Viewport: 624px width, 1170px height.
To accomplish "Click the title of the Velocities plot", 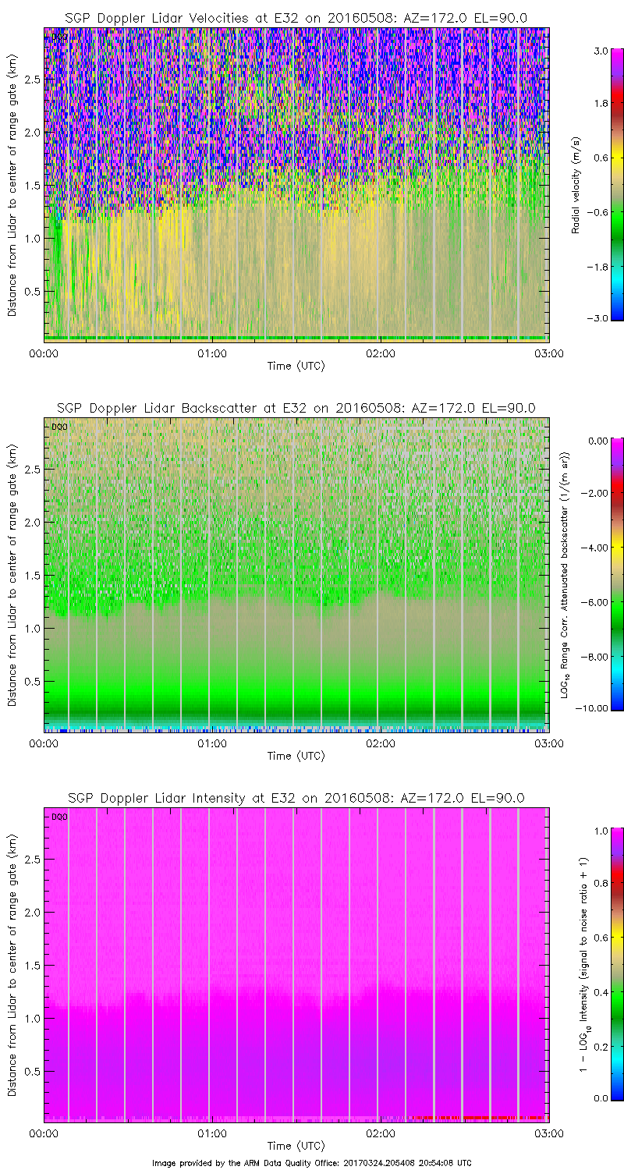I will pyautogui.click(x=296, y=18).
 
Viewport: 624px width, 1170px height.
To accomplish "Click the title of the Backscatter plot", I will pyautogui.click(x=296, y=408).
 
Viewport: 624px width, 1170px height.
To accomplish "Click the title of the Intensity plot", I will pyautogui.click(x=296, y=798).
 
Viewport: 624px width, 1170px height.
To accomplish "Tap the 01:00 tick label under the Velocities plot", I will pyautogui.click(x=211, y=353).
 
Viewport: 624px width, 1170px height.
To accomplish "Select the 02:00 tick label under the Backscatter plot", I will pyautogui.click(x=380, y=743).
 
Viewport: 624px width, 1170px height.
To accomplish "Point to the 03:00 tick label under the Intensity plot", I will pyautogui.click(x=548, y=1133).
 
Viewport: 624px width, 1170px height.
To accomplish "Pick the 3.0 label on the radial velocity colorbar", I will pyautogui.click(x=600, y=51).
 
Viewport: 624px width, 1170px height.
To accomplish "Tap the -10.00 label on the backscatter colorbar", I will pyautogui.click(x=596, y=708).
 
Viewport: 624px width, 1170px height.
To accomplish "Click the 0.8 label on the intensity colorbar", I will pyautogui.click(x=600, y=882).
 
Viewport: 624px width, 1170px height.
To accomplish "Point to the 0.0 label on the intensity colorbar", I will pyautogui.click(x=600, y=1097).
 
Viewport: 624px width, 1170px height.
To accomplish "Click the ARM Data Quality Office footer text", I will pyautogui.click(x=311, y=1162).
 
